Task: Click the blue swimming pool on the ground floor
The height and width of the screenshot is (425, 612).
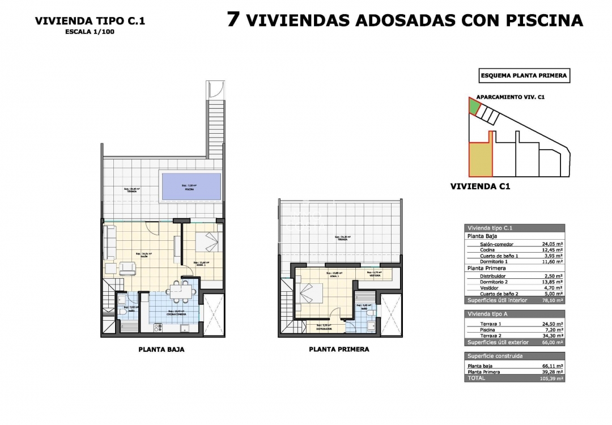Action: pos(191,185)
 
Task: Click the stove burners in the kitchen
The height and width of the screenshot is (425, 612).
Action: pos(159,327)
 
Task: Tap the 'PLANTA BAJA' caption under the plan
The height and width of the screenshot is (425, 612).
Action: pos(161,350)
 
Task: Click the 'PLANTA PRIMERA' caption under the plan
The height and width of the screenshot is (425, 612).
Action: pos(339,350)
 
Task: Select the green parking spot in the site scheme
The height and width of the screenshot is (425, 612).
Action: pos(473,106)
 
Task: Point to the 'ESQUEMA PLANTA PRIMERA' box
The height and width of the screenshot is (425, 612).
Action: pos(523,75)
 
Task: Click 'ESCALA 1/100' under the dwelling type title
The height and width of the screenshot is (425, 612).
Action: pos(90,32)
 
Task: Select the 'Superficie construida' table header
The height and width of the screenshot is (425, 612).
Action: pos(495,356)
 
